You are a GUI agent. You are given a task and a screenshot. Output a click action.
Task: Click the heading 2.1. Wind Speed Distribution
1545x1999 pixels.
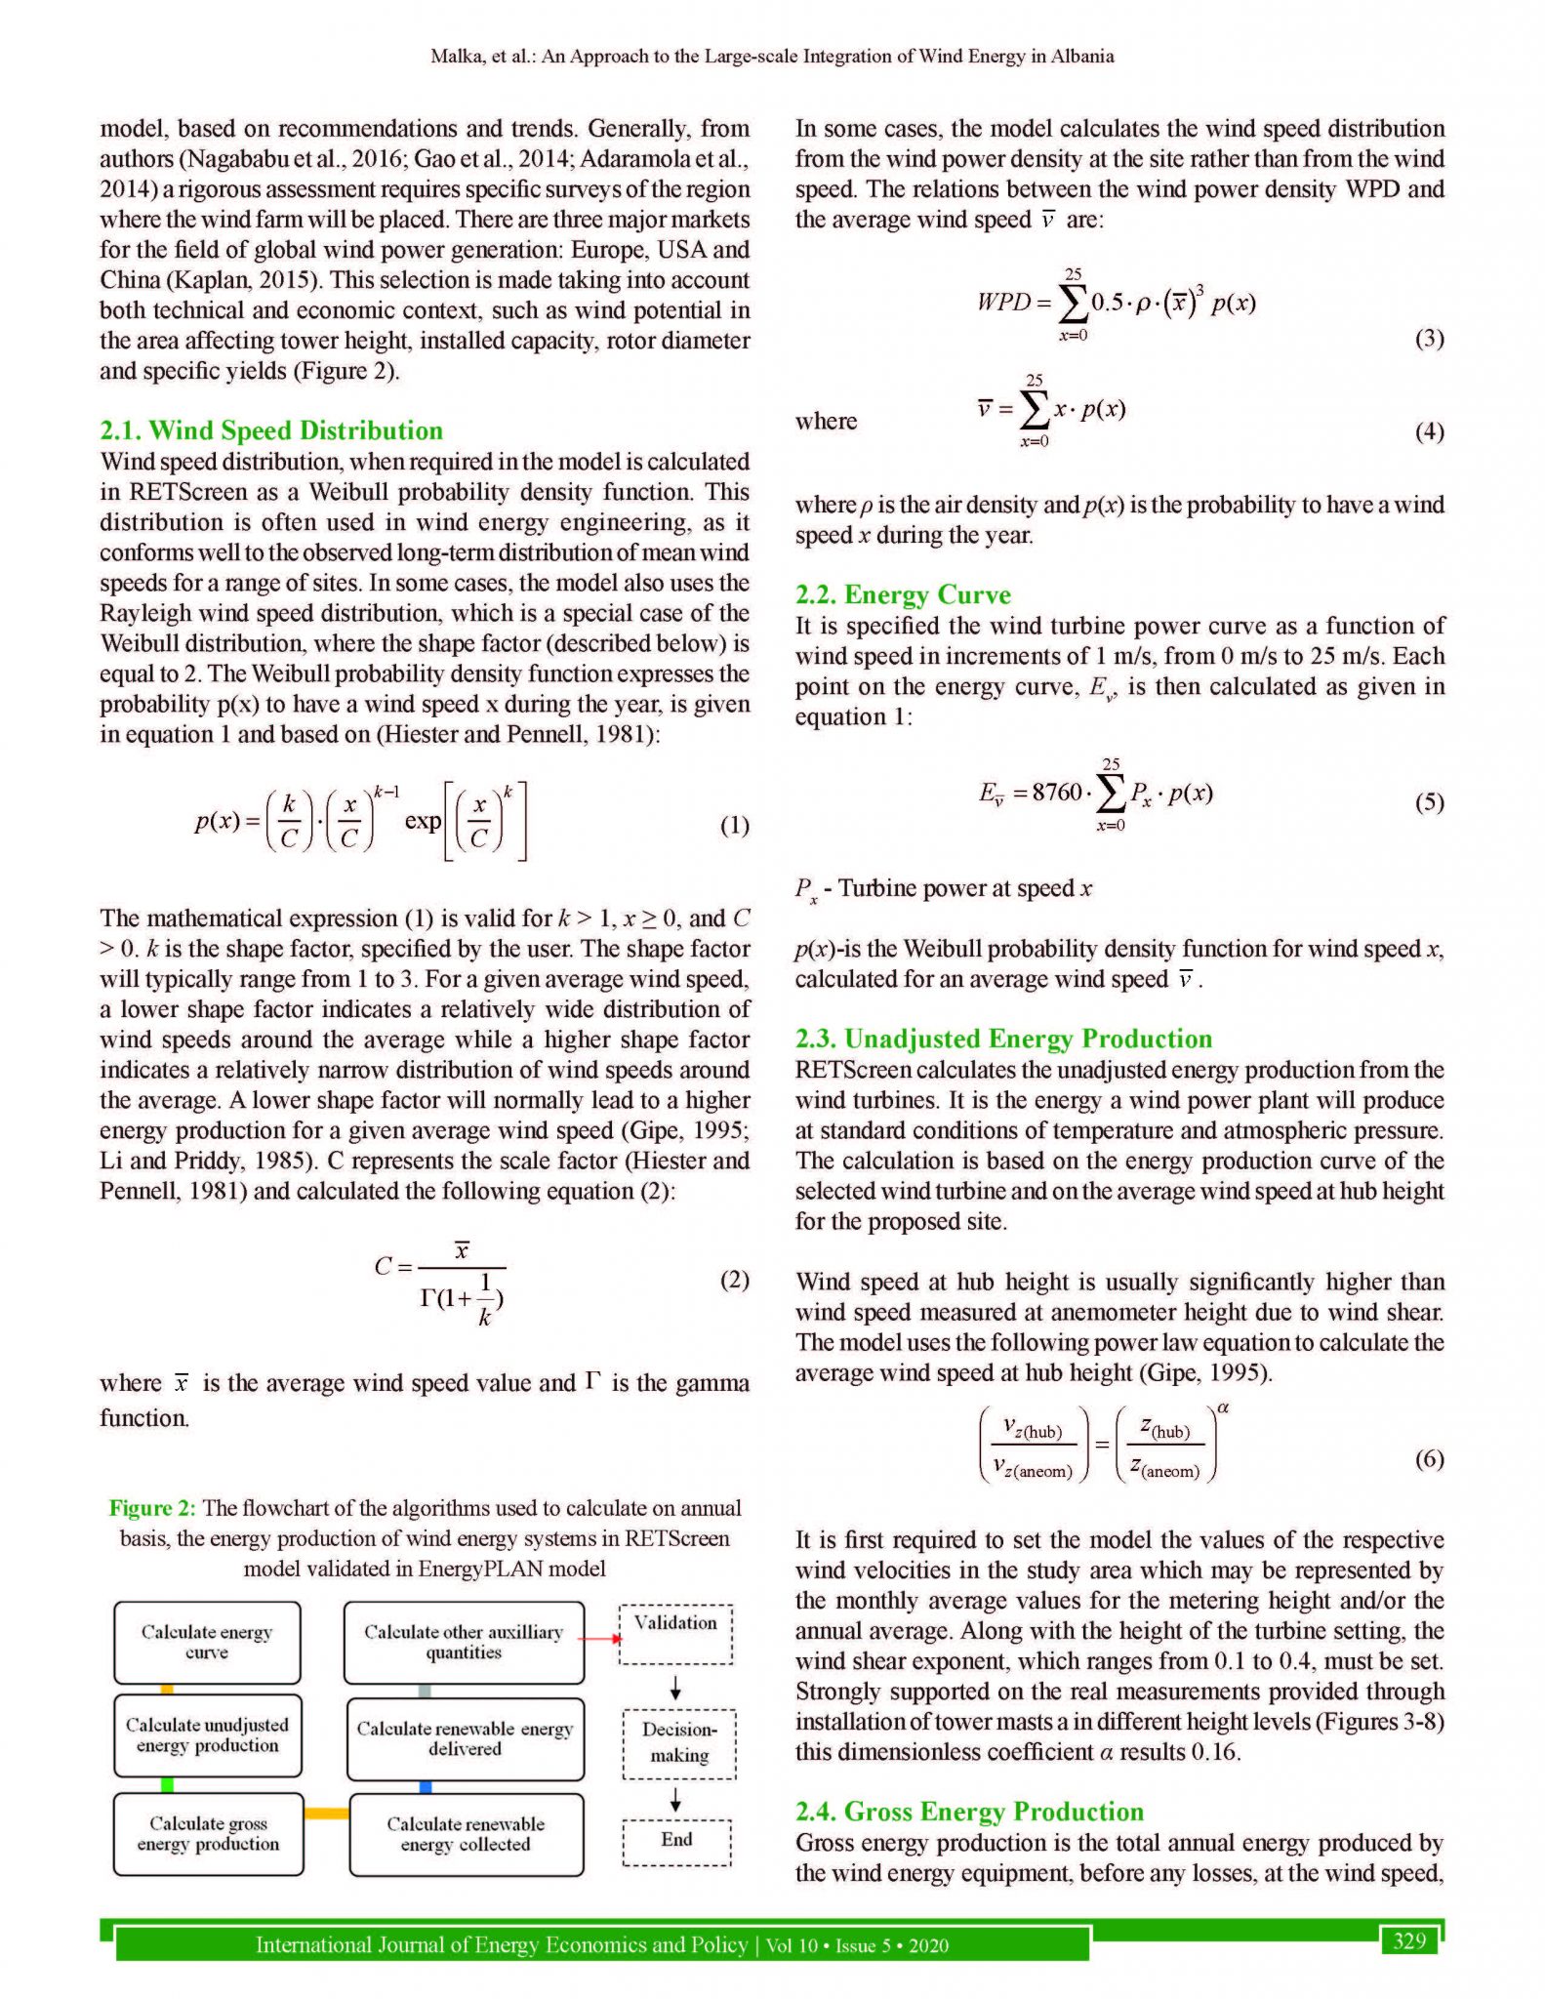tap(271, 430)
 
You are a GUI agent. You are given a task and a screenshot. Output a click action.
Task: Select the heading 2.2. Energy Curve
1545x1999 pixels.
tap(903, 594)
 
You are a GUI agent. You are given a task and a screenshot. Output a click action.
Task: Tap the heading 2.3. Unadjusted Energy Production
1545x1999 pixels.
tap(1003, 1039)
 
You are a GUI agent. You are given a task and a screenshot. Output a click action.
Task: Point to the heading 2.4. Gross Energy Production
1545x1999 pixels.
tap(969, 1812)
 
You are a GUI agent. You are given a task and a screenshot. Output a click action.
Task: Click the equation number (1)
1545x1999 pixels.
tap(734, 826)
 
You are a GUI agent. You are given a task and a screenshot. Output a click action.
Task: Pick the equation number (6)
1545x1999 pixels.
tap(1429, 1458)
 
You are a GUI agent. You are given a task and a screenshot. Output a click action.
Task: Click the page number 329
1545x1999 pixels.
tap(1409, 1940)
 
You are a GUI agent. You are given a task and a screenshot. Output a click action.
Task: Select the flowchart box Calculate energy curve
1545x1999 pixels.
tap(207, 1642)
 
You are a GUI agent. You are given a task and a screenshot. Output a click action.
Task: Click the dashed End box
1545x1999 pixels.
tap(676, 1840)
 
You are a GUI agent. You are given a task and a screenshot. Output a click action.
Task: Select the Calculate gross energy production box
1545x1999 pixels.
tap(208, 1834)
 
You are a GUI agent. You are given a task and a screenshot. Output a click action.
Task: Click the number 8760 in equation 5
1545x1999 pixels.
tap(1057, 792)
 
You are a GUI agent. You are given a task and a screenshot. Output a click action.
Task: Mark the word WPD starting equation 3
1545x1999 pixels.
tap(1003, 302)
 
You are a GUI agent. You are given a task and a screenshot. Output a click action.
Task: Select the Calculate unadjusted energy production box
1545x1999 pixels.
tap(207, 1735)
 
